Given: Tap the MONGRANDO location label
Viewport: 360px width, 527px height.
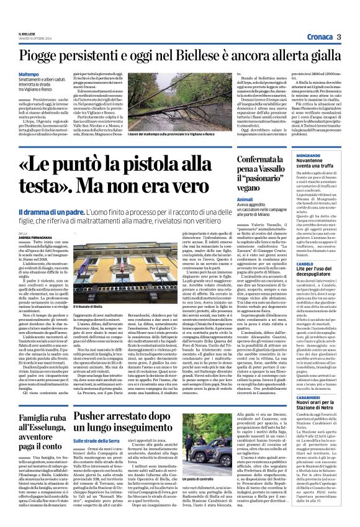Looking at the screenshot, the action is click(x=292, y=155).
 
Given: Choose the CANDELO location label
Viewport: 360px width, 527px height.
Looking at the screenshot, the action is click(x=288, y=263).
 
